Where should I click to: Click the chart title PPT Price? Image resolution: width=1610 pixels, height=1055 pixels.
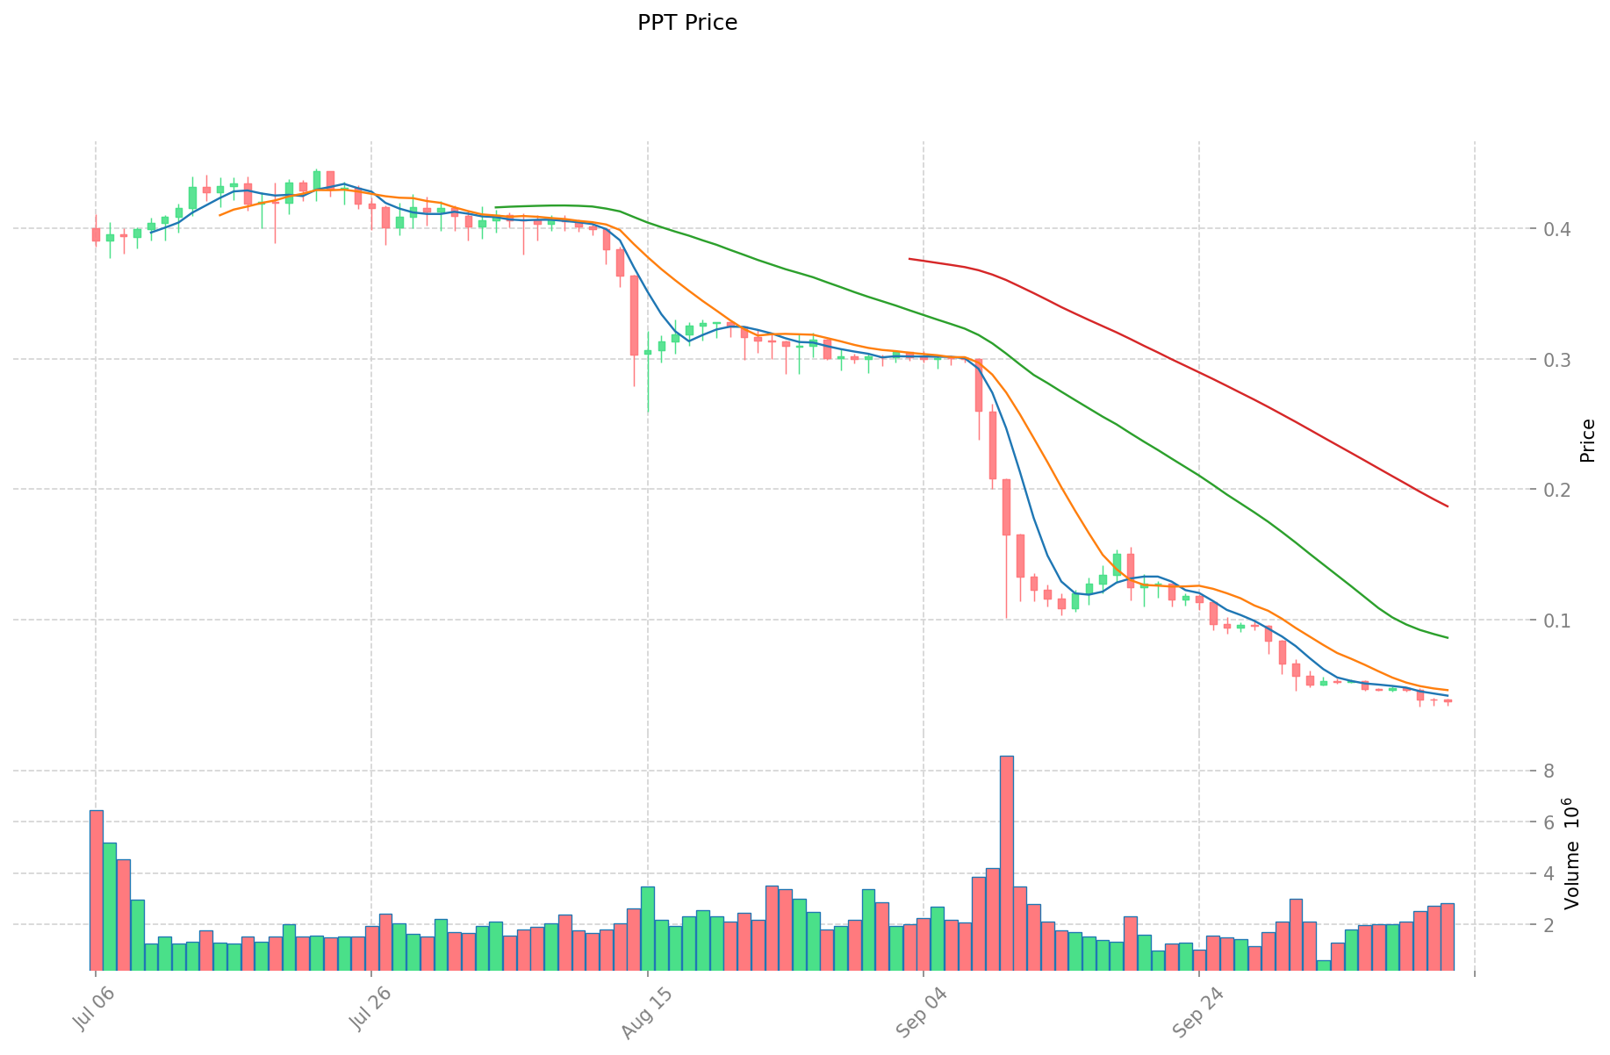point(687,23)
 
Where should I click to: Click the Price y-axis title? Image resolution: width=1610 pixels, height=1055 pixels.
point(1587,441)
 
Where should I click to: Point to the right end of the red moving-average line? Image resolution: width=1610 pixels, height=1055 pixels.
point(1447,506)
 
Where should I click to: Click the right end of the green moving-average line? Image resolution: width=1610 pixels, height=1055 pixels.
point(1447,637)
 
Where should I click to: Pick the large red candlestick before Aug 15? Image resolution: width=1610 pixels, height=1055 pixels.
point(634,315)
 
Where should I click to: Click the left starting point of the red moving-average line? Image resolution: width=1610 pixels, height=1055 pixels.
point(909,259)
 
